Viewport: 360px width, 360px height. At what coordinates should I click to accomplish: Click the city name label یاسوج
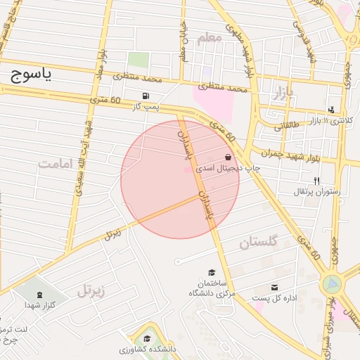point(32,77)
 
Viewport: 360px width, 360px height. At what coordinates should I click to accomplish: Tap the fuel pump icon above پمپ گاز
point(145,96)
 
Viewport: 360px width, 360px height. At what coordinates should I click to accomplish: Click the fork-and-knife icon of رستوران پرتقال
point(316,181)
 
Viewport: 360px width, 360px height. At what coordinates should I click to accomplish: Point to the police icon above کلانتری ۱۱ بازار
point(331,110)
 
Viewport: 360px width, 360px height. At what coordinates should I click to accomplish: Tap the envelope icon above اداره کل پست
point(274,288)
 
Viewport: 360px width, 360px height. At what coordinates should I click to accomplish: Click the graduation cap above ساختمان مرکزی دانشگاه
point(212,272)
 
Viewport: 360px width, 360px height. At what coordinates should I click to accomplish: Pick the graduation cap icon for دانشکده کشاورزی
point(146,339)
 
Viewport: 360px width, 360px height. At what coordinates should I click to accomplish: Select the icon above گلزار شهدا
point(39,293)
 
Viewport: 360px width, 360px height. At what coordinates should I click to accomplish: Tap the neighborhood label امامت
point(56,164)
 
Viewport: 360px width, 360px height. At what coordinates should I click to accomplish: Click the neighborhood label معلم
point(209,39)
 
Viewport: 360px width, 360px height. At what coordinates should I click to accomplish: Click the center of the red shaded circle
point(180,179)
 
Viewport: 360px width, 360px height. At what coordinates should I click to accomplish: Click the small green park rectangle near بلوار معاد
point(139,60)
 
